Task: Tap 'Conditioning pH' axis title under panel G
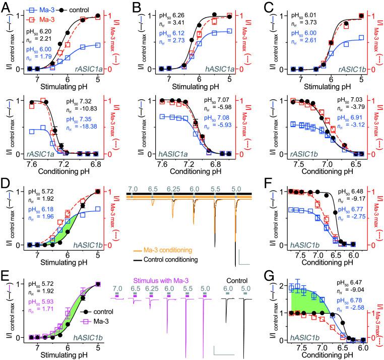pos(323,355)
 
